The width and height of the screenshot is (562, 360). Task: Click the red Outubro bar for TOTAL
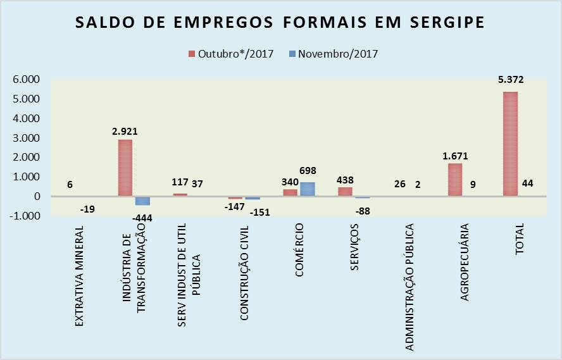(510, 144)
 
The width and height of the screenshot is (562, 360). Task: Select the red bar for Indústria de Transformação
(125, 168)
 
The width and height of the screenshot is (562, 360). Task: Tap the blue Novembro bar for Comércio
(307, 189)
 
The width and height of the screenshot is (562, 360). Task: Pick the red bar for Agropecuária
(455, 180)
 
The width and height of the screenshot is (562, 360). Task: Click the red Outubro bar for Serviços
(345, 192)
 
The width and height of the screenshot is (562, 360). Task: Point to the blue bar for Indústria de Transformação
(142, 201)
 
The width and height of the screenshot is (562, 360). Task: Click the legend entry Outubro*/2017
(230, 54)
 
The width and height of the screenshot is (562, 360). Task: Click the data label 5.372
(510, 80)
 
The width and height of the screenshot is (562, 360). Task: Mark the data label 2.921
(125, 132)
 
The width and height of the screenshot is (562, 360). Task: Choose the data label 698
(308, 171)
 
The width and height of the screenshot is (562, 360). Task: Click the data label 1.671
(455, 156)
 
